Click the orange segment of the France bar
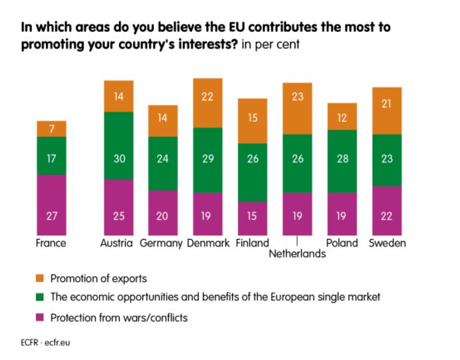(51, 128)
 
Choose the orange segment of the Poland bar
(342, 116)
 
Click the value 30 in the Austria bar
(118, 159)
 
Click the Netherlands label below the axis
(297, 254)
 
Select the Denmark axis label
(207, 243)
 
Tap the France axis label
(51, 243)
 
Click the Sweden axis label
(387, 243)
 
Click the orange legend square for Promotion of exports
(40, 277)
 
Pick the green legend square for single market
(40, 297)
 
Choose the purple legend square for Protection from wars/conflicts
(40, 317)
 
